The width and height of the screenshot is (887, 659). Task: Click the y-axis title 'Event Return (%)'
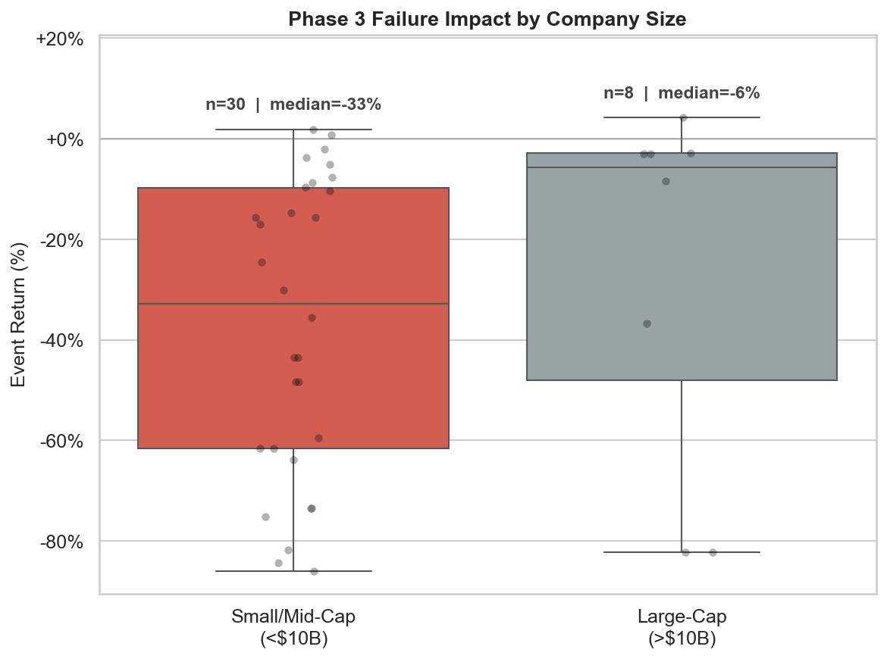point(19,314)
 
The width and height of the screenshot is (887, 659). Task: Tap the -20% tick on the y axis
point(61,240)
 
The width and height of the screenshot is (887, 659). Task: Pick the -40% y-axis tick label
point(61,340)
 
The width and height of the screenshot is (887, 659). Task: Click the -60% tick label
point(61,441)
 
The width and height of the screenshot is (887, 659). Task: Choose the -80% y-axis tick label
point(61,542)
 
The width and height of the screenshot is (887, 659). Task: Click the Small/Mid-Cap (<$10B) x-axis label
point(293,627)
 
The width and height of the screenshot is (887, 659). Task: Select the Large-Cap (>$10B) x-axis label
point(682,627)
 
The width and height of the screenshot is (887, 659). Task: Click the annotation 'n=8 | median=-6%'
point(682,93)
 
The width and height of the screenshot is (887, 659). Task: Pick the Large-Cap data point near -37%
point(647,323)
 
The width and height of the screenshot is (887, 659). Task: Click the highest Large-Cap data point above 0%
point(683,117)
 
